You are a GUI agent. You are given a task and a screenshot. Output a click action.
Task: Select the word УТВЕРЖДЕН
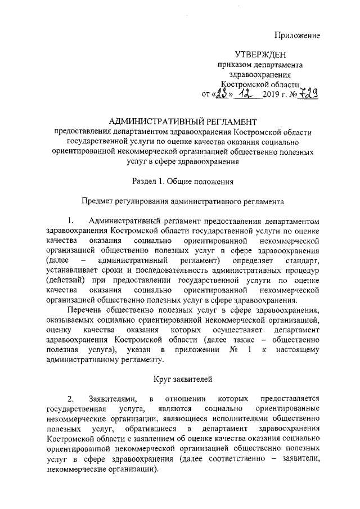coord(260,55)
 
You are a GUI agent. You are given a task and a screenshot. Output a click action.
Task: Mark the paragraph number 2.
coord(70,399)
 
